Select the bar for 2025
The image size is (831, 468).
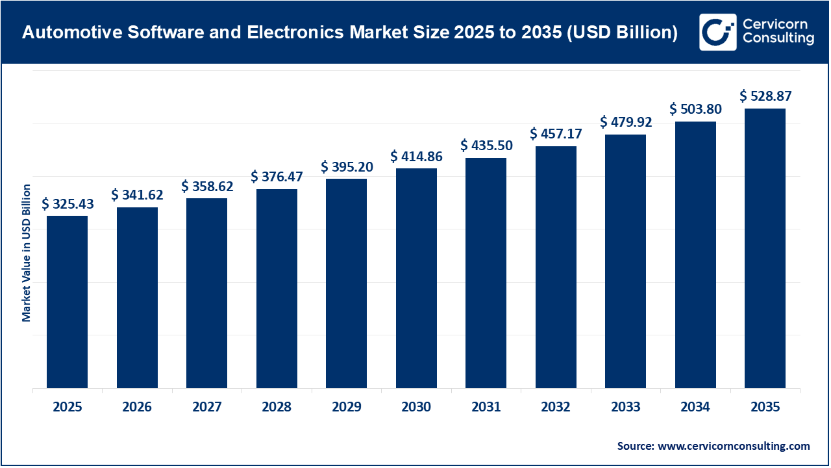click(x=67, y=302)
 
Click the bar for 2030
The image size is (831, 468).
click(x=416, y=278)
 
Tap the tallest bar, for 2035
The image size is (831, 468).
click(x=765, y=248)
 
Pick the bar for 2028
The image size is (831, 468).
click(x=277, y=289)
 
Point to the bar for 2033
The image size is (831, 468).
click(x=625, y=261)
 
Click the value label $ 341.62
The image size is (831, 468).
click(x=137, y=194)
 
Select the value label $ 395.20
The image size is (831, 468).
click(x=347, y=166)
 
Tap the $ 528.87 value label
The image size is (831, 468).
click(x=765, y=96)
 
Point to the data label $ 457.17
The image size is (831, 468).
click(x=556, y=134)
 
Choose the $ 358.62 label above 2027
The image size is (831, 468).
click(x=207, y=186)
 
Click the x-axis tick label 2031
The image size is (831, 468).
click(x=486, y=408)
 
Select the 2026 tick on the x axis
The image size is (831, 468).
click(x=137, y=408)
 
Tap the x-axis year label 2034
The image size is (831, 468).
click(x=695, y=408)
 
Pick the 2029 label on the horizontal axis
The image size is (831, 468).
click(x=347, y=408)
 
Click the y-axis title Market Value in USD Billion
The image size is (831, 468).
click(x=27, y=253)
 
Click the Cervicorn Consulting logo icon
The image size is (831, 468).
click(x=717, y=32)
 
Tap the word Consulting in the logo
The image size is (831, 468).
click(x=778, y=40)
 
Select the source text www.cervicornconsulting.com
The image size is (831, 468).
click(x=734, y=446)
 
